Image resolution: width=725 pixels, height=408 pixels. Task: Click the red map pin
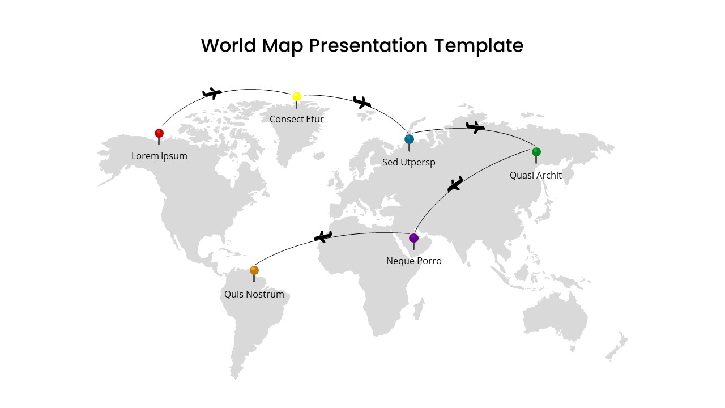pyautogui.click(x=159, y=137)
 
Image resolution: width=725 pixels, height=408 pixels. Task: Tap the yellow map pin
pyautogui.click(x=296, y=99)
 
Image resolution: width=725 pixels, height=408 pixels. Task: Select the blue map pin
pyautogui.click(x=409, y=142)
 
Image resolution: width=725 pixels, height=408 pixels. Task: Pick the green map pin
pyautogui.click(x=536, y=155)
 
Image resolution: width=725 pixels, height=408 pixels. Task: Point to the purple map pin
pyautogui.click(x=413, y=241)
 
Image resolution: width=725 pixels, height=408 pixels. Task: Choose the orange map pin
pyautogui.click(x=254, y=274)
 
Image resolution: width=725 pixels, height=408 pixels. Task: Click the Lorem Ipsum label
pyautogui.click(x=159, y=156)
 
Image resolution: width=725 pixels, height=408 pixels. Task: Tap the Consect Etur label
pyautogui.click(x=296, y=119)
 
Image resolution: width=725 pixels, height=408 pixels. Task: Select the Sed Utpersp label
pyautogui.click(x=408, y=162)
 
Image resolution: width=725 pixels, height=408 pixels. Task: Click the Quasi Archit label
pyautogui.click(x=536, y=175)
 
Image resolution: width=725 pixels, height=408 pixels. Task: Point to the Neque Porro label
pyautogui.click(x=413, y=261)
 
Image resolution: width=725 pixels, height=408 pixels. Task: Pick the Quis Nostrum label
pyautogui.click(x=254, y=294)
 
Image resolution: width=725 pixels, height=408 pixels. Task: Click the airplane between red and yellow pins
pyautogui.click(x=212, y=93)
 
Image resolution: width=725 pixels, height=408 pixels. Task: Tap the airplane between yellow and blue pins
pyautogui.click(x=362, y=102)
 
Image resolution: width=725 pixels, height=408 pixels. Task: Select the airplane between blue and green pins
pyautogui.click(x=475, y=127)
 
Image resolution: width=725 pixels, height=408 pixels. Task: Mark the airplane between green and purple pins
pyautogui.click(x=455, y=184)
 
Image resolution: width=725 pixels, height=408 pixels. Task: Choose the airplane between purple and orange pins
pyautogui.click(x=323, y=236)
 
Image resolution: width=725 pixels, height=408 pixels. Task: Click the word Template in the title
pyautogui.click(x=479, y=46)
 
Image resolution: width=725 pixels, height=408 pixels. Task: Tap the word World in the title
pyautogui.click(x=229, y=45)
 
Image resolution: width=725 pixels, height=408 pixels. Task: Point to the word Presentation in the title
pyautogui.click(x=368, y=46)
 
